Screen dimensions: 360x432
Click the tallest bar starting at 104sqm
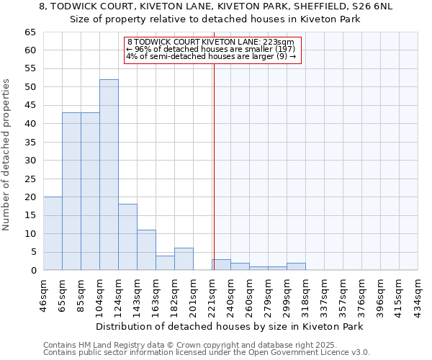[x=109, y=175]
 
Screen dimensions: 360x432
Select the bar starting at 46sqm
[x=53, y=233]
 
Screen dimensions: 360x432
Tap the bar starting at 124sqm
[x=127, y=237]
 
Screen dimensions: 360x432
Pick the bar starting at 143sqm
[x=146, y=250]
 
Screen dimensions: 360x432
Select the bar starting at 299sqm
[x=296, y=266]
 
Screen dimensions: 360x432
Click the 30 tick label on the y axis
[x=30, y=161]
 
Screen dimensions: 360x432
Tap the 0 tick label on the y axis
[x=32, y=271]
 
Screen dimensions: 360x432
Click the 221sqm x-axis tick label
[x=212, y=294]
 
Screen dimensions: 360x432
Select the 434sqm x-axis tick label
[x=418, y=294]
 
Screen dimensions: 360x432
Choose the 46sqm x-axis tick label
[x=43, y=294]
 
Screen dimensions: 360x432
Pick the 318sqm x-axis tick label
[x=305, y=294]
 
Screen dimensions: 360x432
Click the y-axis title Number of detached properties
[x=7, y=155]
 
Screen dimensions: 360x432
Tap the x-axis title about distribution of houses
[x=229, y=326]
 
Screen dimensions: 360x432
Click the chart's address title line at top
[x=216, y=6]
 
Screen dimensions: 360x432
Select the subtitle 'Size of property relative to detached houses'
[x=216, y=19]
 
